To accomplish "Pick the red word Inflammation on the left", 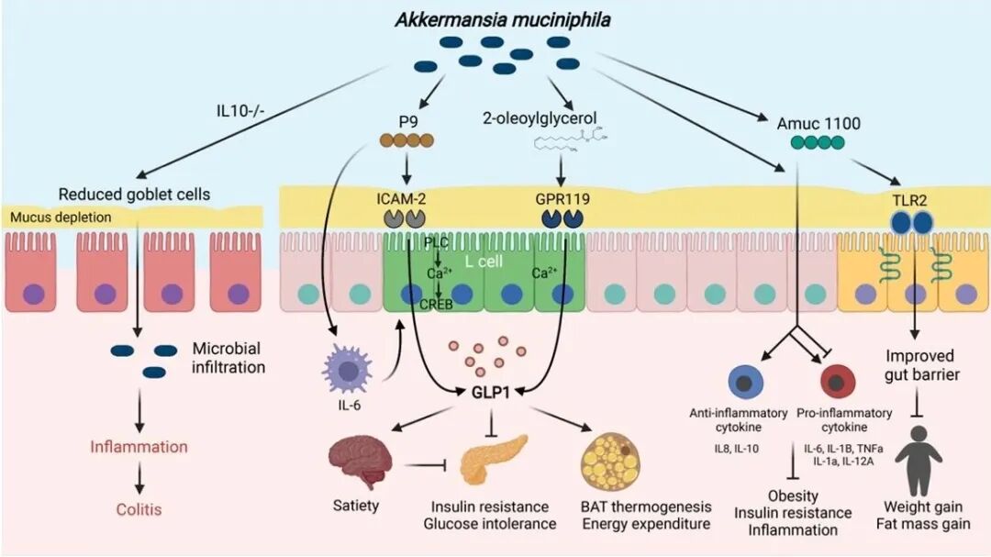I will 139,447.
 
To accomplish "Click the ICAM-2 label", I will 402,195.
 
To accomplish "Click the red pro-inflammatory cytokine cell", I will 836,382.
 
